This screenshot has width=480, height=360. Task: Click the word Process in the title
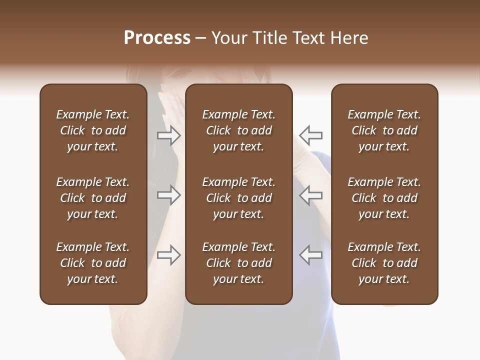click(157, 38)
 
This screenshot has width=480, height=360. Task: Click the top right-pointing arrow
click(169, 135)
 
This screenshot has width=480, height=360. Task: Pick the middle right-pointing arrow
click(169, 195)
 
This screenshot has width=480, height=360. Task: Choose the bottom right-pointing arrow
click(169, 255)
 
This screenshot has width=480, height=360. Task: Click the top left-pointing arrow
click(310, 135)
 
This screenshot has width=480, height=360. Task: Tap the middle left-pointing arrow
click(310, 195)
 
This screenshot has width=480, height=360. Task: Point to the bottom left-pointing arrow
click(310, 255)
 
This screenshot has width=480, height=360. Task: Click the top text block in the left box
click(93, 130)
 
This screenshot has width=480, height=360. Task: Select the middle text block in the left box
click(93, 198)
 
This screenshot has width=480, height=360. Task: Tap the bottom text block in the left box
click(93, 263)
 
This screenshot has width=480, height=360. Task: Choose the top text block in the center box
click(239, 130)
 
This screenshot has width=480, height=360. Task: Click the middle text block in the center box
click(239, 198)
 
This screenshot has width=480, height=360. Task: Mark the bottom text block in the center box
click(239, 263)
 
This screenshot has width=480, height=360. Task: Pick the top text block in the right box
click(384, 130)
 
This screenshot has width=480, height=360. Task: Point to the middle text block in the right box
click(384, 198)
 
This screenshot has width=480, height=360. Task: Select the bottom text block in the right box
click(384, 263)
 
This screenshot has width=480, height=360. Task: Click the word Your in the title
click(228, 38)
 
